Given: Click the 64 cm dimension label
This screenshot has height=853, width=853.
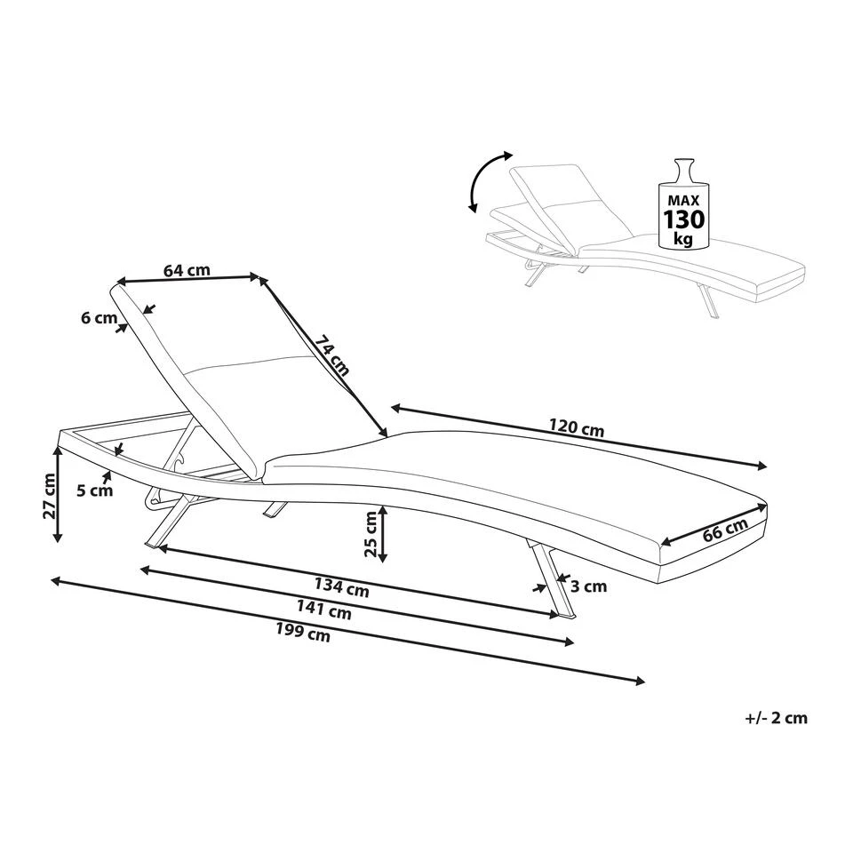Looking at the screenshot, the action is pyautogui.click(x=187, y=269).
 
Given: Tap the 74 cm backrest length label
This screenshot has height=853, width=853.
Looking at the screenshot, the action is pyautogui.click(x=331, y=355).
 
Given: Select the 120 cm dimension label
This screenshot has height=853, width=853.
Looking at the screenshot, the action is pyautogui.click(x=576, y=427).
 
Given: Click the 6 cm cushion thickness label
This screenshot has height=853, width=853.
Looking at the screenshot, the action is pyautogui.click(x=99, y=318).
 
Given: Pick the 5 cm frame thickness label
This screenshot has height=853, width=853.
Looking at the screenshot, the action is pyautogui.click(x=95, y=490).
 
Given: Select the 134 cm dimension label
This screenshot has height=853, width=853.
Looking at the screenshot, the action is pyautogui.click(x=341, y=587).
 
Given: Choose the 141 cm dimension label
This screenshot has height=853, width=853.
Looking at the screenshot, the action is pyautogui.click(x=323, y=610).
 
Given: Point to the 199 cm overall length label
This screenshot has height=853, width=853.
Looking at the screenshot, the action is pyautogui.click(x=302, y=632).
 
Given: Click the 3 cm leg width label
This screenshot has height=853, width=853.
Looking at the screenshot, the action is pyautogui.click(x=588, y=586).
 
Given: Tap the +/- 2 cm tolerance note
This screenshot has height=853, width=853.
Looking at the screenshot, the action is pyautogui.click(x=777, y=718).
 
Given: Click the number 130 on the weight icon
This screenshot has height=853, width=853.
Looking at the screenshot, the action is pyautogui.click(x=684, y=219).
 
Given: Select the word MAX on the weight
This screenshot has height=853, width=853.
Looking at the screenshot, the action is pyautogui.click(x=684, y=200).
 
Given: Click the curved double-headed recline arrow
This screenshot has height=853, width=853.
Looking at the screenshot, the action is pyautogui.click(x=489, y=180).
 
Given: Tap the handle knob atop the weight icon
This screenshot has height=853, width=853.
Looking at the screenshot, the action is pyautogui.click(x=684, y=169).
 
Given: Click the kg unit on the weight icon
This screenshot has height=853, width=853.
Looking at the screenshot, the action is pyautogui.click(x=684, y=238).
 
